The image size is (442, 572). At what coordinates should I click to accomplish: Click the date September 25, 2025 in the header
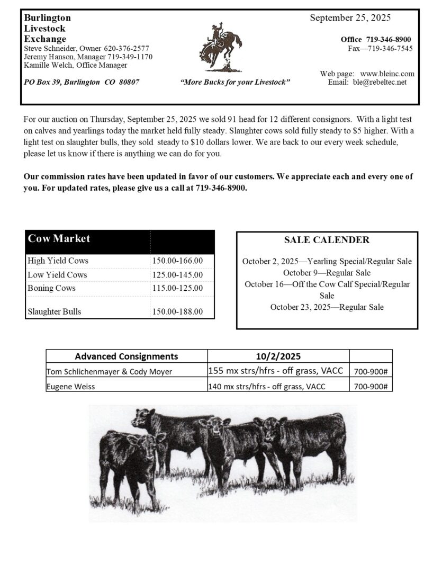(x=350, y=18)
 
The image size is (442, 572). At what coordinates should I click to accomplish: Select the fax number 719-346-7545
(x=390, y=49)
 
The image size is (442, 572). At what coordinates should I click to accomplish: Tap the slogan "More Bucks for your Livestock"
(x=235, y=83)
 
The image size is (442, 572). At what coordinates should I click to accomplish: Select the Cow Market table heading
(x=59, y=239)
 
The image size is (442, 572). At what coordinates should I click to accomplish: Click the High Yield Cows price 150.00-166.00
(x=177, y=261)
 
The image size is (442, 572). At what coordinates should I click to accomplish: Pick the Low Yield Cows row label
(x=57, y=275)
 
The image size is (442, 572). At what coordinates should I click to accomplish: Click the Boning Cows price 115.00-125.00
(x=177, y=288)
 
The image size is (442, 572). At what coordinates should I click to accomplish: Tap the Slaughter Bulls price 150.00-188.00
(x=177, y=311)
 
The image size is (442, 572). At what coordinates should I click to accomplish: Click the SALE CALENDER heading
(x=327, y=240)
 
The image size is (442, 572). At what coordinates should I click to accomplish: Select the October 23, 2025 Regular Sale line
(x=327, y=307)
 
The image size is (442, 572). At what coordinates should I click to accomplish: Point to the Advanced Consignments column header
(x=126, y=356)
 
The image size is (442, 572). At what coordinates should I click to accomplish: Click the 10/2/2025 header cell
(x=278, y=356)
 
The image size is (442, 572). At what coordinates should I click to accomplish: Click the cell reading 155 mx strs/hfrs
(x=278, y=371)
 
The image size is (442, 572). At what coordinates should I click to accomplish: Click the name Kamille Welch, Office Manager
(x=76, y=65)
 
